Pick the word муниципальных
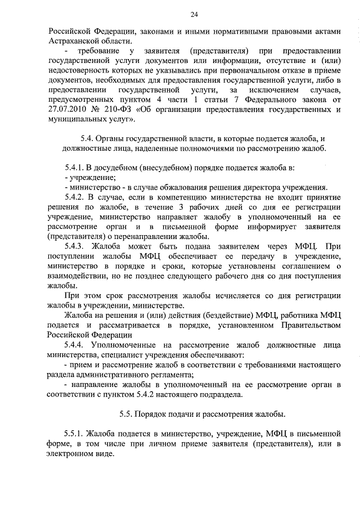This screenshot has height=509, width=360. coord(78,119)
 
